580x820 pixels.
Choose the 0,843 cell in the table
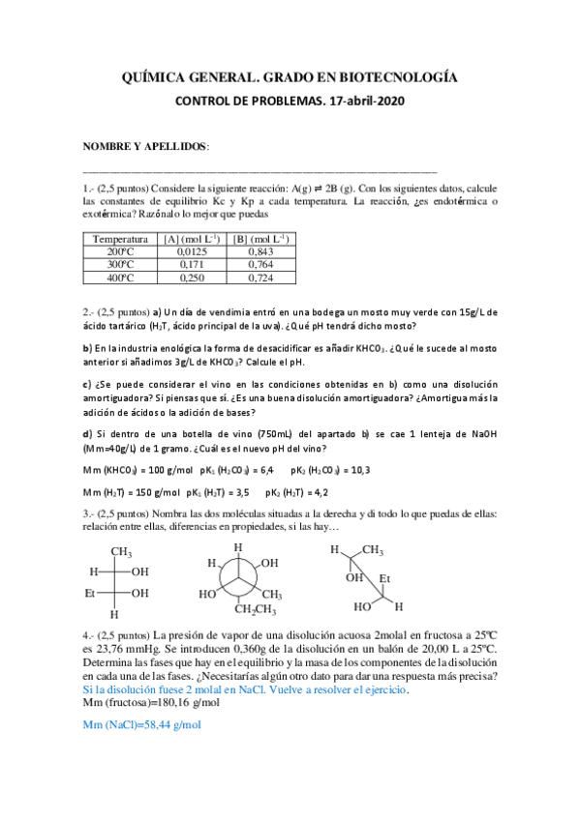point(260,251)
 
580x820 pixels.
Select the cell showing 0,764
point(260,264)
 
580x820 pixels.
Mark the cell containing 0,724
point(260,278)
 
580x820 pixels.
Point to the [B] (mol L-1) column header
point(260,238)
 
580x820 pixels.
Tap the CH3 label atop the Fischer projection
point(120,552)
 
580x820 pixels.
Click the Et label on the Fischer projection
point(93,593)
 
